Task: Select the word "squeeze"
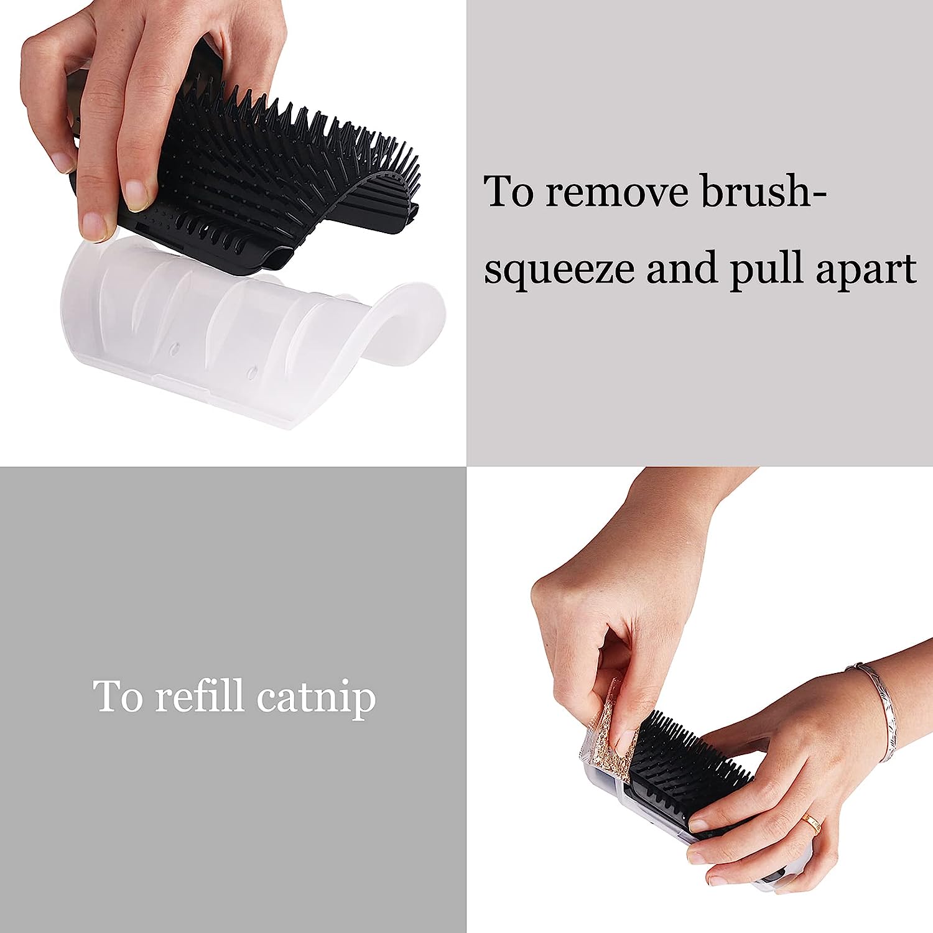click(x=558, y=269)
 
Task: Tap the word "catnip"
click(x=315, y=697)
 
